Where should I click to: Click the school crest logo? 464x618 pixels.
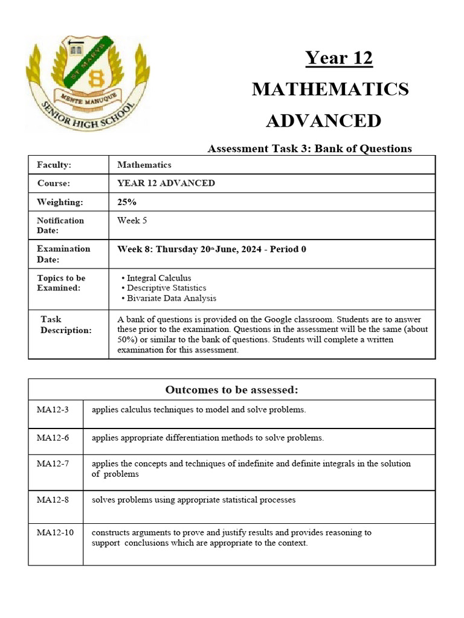(88, 82)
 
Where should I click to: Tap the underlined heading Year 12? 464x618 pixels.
(338, 58)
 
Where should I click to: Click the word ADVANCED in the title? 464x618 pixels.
(324, 121)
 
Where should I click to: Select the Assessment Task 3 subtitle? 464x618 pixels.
(309, 148)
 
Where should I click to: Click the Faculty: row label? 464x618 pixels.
(54, 165)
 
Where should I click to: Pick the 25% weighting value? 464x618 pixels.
(127, 202)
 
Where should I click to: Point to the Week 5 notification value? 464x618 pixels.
(132, 220)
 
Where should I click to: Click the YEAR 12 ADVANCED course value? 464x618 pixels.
(166, 183)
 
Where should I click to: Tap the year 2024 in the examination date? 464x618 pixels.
(242, 249)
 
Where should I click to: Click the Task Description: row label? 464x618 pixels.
(66, 325)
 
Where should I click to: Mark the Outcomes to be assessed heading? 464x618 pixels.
(231, 390)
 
